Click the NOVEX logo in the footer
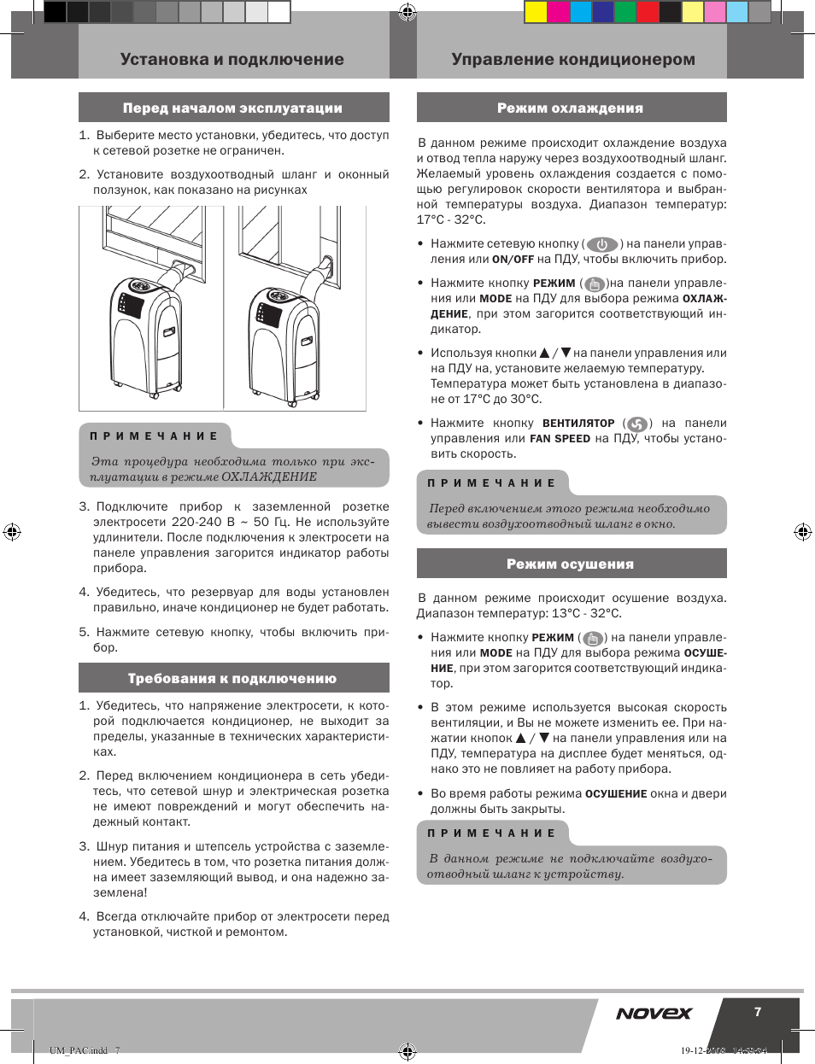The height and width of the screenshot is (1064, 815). (654, 1014)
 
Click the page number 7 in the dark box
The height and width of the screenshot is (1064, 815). (758, 1012)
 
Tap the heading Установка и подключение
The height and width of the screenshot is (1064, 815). (232, 60)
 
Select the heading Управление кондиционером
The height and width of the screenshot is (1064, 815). (573, 60)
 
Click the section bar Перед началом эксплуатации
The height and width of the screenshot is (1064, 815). (233, 108)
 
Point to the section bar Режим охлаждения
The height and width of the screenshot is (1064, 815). (571, 108)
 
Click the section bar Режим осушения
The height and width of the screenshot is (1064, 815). (571, 564)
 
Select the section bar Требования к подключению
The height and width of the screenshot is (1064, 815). (233, 679)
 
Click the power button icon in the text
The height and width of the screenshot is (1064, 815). (602, 245)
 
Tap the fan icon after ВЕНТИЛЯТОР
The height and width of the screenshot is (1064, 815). (637, 424)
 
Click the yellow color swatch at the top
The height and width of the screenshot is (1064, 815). (536, 11)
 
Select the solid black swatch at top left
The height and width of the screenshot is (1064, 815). (55, 11)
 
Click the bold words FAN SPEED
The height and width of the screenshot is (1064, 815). (560, 439)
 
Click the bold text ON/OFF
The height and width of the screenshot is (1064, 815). (513, 260)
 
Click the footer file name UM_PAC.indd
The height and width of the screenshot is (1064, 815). (79, 1050)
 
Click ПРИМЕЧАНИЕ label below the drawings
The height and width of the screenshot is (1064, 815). (155, 436)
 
